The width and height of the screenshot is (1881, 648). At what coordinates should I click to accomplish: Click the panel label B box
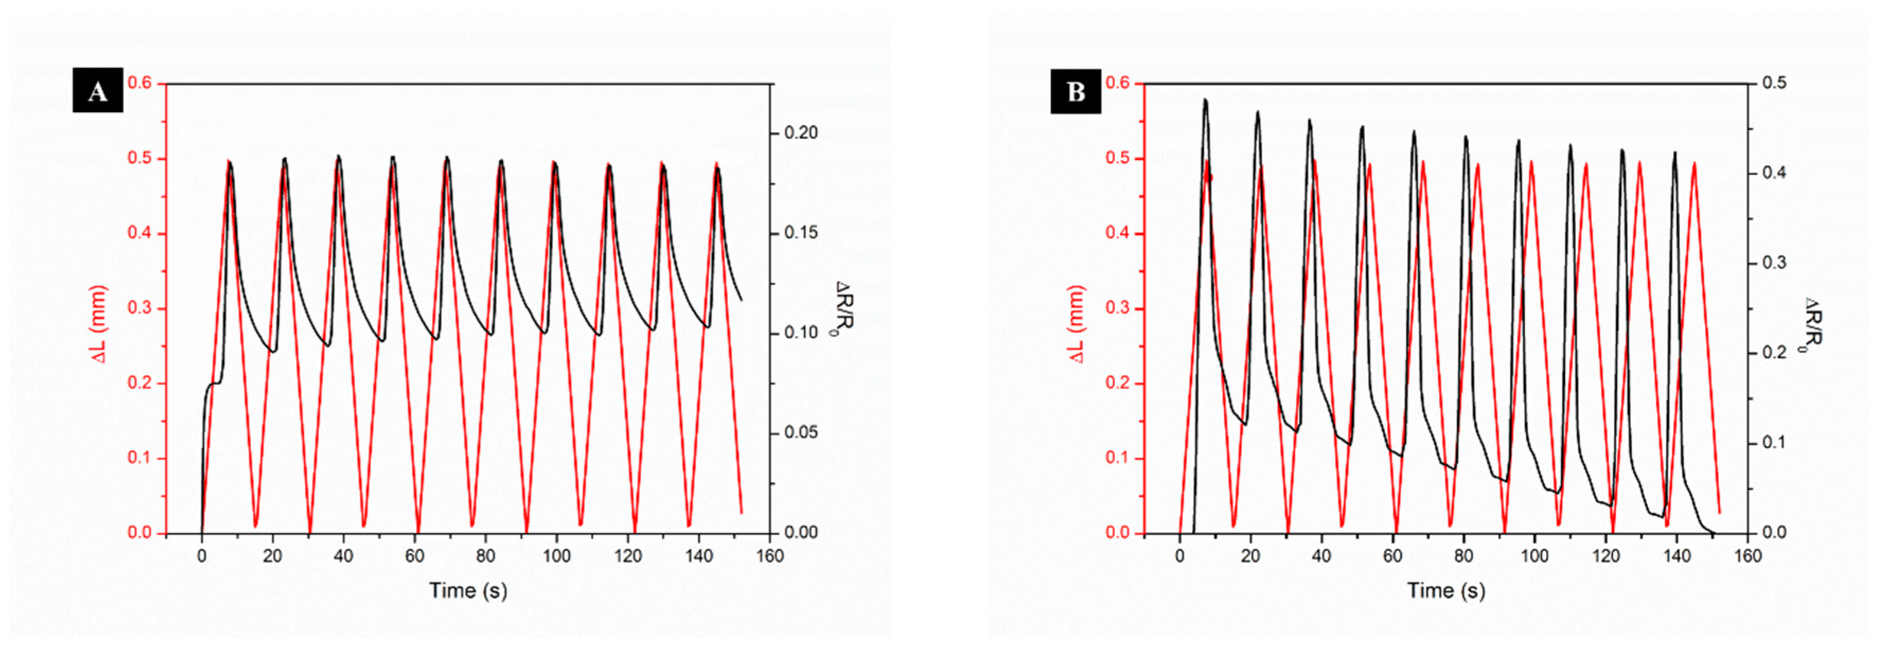click(x=1075, y=91)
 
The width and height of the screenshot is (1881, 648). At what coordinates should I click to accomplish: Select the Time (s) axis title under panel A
click(x=467, y=590)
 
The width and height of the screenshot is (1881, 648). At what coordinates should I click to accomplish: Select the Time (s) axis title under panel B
click(x=1446, y=590)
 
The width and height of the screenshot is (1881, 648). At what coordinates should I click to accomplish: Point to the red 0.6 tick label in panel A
click(x=140, y=83)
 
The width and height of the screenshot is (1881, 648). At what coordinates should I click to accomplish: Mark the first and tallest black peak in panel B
click(x=1205, y=101)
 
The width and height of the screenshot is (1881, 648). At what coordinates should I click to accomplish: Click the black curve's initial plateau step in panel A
click(x=215, y=384)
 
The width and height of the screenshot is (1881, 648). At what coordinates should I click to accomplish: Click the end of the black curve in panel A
click(x=741, y=299)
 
